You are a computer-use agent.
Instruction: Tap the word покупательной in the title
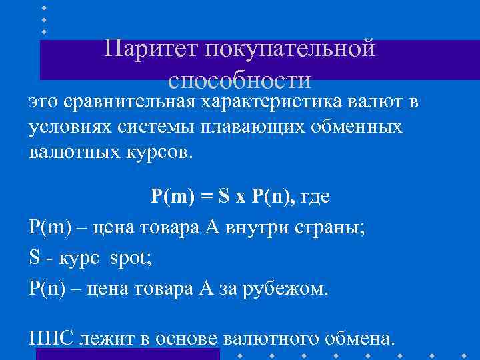291,48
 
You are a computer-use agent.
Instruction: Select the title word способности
240,80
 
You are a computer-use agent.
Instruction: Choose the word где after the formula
315,198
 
